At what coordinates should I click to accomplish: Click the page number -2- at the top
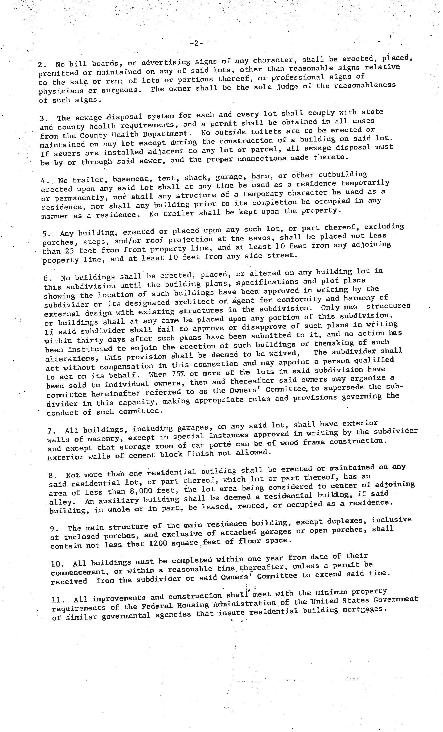pos(196,43)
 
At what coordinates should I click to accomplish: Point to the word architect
pos(195,302)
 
